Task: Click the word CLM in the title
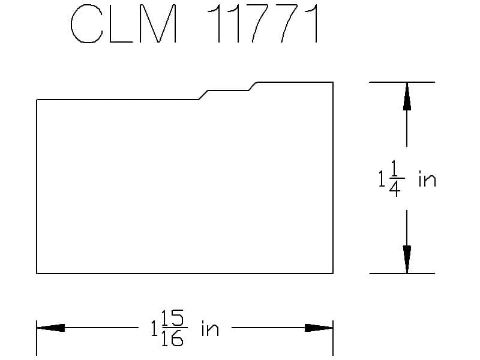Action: [x=124, y=25]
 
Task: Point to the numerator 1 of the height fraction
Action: [x=395, y=169]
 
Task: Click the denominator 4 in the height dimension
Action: [x=395, y=190]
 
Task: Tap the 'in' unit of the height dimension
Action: [x=427, y=179]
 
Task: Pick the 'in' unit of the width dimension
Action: [x=209, y=329]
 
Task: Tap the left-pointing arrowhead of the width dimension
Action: [x=51, y=328]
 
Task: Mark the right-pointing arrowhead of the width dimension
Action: [x=319, y=328]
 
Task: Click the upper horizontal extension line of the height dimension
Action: [x=401, y=82]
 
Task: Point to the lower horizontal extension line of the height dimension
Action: [x=401, y=274]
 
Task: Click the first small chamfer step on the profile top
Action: [x=204, y=95]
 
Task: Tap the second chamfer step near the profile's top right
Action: [x=254, y=86]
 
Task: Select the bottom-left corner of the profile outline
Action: [x=37, y=273]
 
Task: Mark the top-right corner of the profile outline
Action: [x=333, y=82]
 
